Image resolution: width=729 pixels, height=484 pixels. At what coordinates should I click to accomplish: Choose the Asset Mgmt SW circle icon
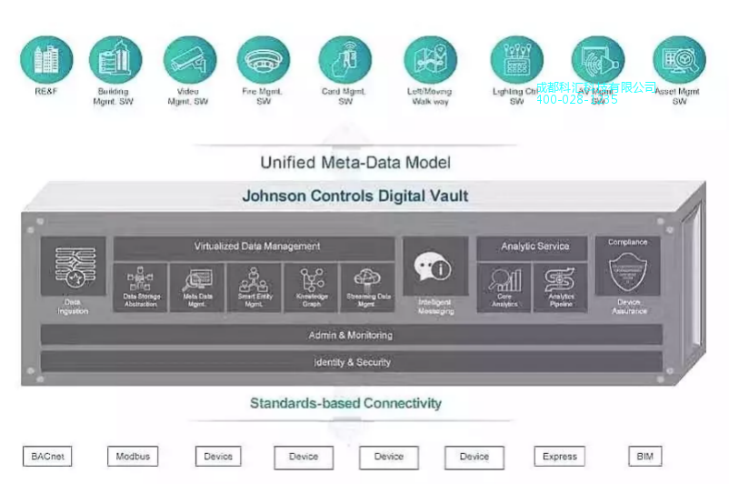tap(679, 59)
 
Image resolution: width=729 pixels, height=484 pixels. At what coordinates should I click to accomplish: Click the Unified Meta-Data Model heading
tap(355, 163)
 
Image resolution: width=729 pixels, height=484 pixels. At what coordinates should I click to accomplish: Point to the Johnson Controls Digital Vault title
tap(355, 196)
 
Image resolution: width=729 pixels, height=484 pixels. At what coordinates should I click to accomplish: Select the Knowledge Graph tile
tap(311, 287)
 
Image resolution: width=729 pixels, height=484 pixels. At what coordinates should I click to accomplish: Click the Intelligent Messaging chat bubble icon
tap(434, 267)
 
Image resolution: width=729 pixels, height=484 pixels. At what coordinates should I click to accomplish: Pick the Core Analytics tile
tap(504, 287)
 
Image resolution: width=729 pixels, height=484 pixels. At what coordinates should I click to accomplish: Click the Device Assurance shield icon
tap(628, 272)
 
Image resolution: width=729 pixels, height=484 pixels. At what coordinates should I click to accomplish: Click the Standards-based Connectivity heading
tap(346, 403)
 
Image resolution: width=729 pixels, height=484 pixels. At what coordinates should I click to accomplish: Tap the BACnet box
tap(47, 457)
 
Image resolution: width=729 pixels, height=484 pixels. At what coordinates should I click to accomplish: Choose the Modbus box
tap(133, 457)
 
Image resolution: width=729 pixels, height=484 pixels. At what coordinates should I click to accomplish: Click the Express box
tap(559, 457)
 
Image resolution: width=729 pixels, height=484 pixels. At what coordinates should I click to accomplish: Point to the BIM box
tap(644, 457)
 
